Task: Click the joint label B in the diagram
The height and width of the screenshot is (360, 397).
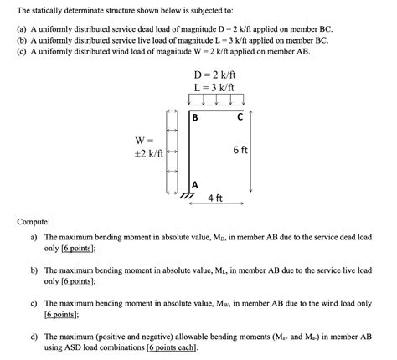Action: pyautogui.click(x=196, y=118)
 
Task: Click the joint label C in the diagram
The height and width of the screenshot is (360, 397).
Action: pyautogui.click(x=240, y=118)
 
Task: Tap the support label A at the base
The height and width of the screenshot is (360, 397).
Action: pyautogui.click(x=195, y=184)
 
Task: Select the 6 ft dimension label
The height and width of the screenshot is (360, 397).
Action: pyautogui.click(x=240, y=151)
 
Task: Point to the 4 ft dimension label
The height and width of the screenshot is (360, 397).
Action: pyautogui.click(x=214, y=199)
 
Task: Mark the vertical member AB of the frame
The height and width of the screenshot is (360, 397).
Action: pyautogui.click(x=189, y=151)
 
